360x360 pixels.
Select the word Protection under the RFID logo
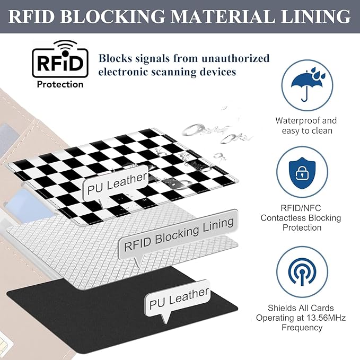click(x=60, y=84)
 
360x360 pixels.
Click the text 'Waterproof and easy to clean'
click(x=306, y=126)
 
